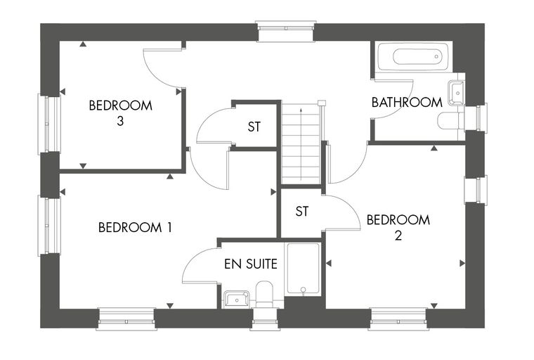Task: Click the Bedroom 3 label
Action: pos(120,112)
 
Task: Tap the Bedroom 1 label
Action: pos(135,227)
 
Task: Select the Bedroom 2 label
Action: pos(398,227)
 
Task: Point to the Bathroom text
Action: pos(407,102)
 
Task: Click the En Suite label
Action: pos(251,264)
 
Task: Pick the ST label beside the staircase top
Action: pos(254,127)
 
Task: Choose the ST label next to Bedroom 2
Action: pos(301,212)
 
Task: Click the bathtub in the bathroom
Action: pos(414,56)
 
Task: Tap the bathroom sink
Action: pos(456,93)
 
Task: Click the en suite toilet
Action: pos(264,294)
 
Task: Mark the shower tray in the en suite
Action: pos(303,269)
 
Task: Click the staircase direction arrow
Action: pos(301,143)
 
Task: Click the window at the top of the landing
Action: pos(285,32)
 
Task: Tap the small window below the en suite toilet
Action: pos(265,319)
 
